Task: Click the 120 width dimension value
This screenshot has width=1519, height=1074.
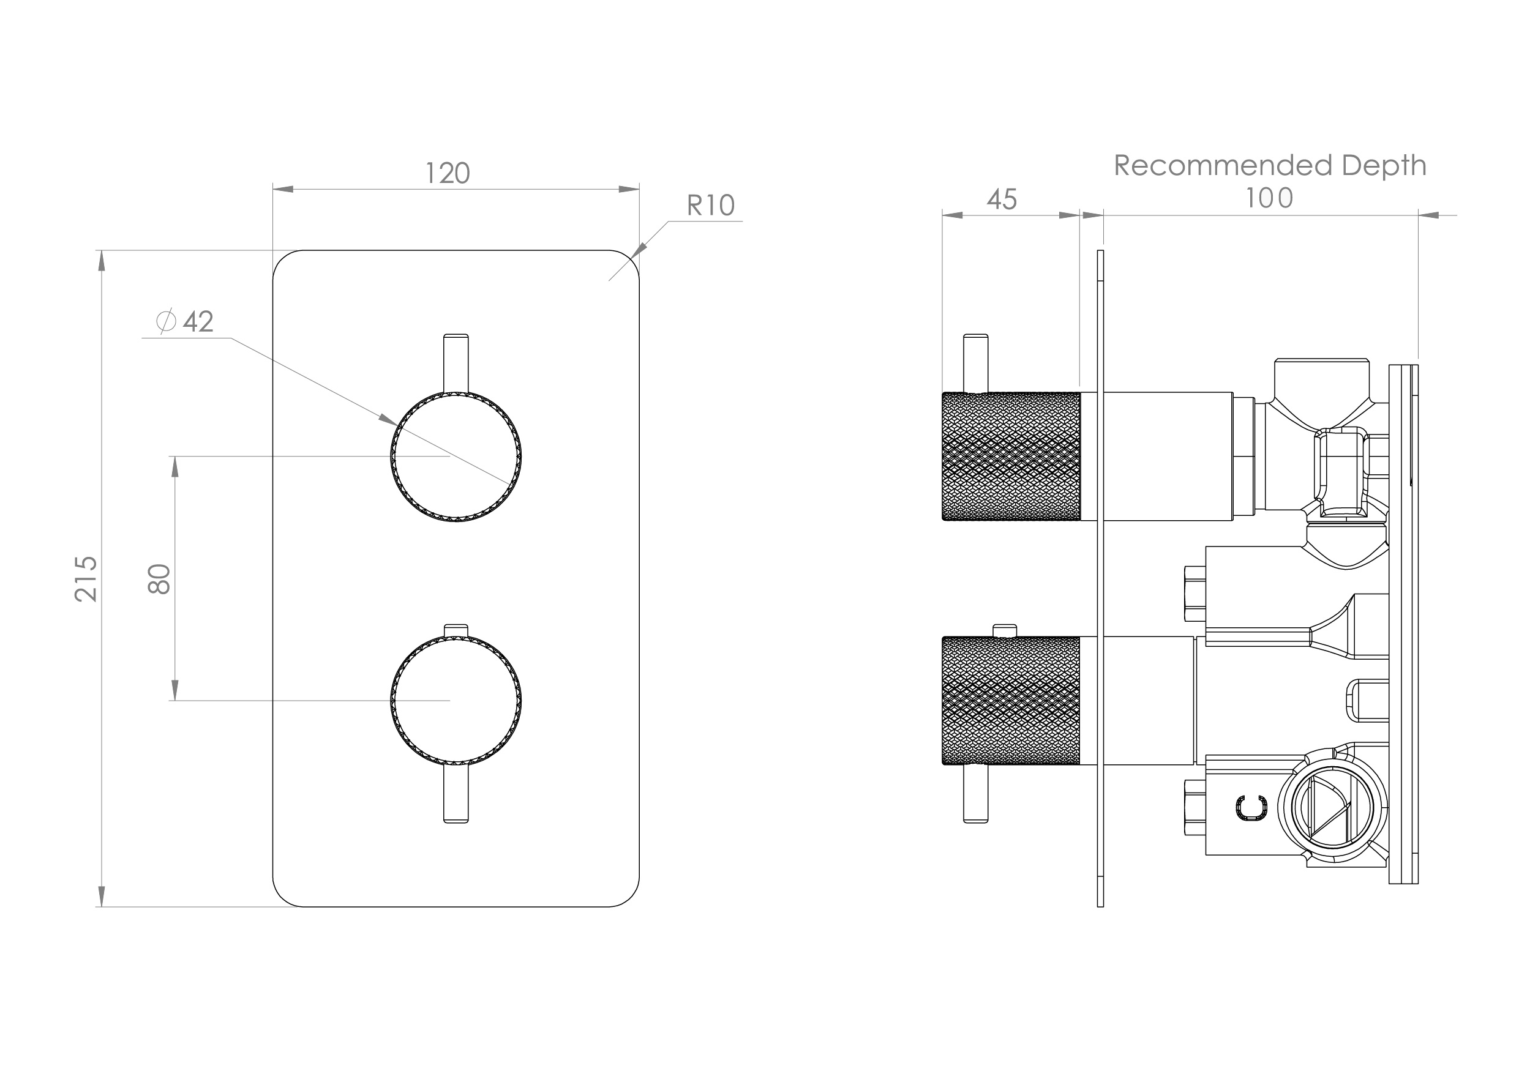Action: click(447, 174)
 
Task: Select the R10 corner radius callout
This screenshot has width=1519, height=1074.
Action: click(711, 206)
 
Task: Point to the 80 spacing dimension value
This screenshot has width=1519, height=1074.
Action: click(160, 579)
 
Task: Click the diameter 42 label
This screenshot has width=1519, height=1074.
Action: click(186, 322)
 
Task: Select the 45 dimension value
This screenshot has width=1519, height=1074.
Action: click(1001, 200)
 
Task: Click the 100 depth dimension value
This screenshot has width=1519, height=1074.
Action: click(1269, 198)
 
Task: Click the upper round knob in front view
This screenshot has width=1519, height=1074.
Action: click(456, 457)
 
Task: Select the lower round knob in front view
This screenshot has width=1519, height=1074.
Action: click(456, 699)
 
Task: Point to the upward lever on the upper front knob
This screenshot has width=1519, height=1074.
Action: click(456, 364)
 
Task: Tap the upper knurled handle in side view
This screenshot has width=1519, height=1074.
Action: click(1011, 457)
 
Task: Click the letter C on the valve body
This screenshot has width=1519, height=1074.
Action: click(1251, 808)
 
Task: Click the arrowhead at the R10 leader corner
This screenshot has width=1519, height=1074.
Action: click(639, 251)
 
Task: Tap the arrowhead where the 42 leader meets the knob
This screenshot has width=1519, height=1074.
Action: click(388, 419)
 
